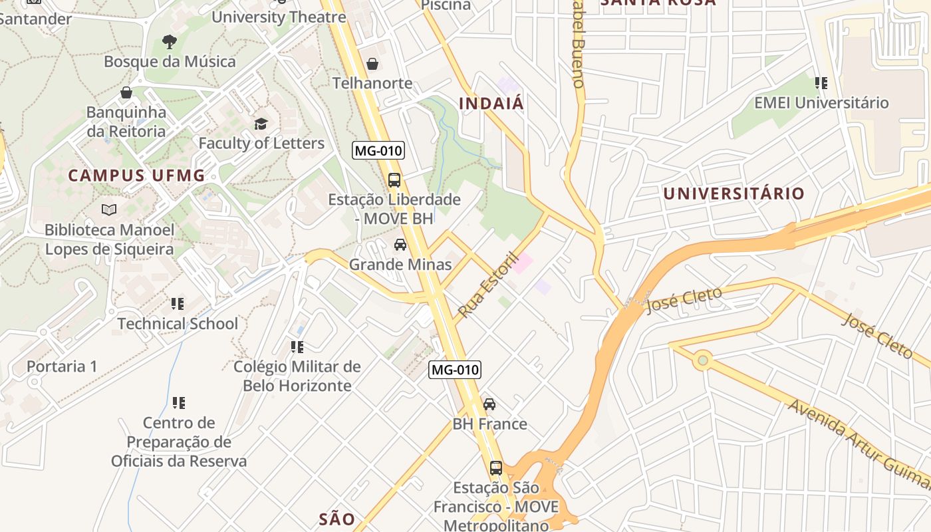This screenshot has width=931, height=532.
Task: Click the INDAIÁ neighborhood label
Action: (491, 104)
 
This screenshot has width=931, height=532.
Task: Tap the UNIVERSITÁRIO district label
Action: (733, 194)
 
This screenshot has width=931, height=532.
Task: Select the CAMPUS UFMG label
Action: (136, 176)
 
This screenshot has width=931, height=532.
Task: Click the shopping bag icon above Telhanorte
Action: (372, 64)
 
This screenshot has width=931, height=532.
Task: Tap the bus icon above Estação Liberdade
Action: (394, 180)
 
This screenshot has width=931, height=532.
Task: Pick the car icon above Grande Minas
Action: (400, 245)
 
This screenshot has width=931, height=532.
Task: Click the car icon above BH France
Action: (489, 404)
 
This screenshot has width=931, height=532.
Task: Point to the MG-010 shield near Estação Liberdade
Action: (378, 150)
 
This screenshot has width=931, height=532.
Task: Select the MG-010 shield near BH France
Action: (454, 370)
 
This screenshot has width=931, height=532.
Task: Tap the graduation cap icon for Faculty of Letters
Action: (261, 124)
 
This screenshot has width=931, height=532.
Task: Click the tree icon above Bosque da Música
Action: (170, 42)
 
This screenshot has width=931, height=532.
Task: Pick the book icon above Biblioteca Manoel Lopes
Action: (109, 210)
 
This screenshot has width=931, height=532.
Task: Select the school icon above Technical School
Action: (178, 304)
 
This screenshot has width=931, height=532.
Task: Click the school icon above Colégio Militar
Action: (297, 346)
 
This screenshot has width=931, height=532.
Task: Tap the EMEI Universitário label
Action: (821, 103)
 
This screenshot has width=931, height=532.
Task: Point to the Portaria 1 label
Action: (62, 366)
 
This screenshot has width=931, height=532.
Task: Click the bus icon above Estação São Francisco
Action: (496, 467)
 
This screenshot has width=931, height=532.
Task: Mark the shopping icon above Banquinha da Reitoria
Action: (126, 92)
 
